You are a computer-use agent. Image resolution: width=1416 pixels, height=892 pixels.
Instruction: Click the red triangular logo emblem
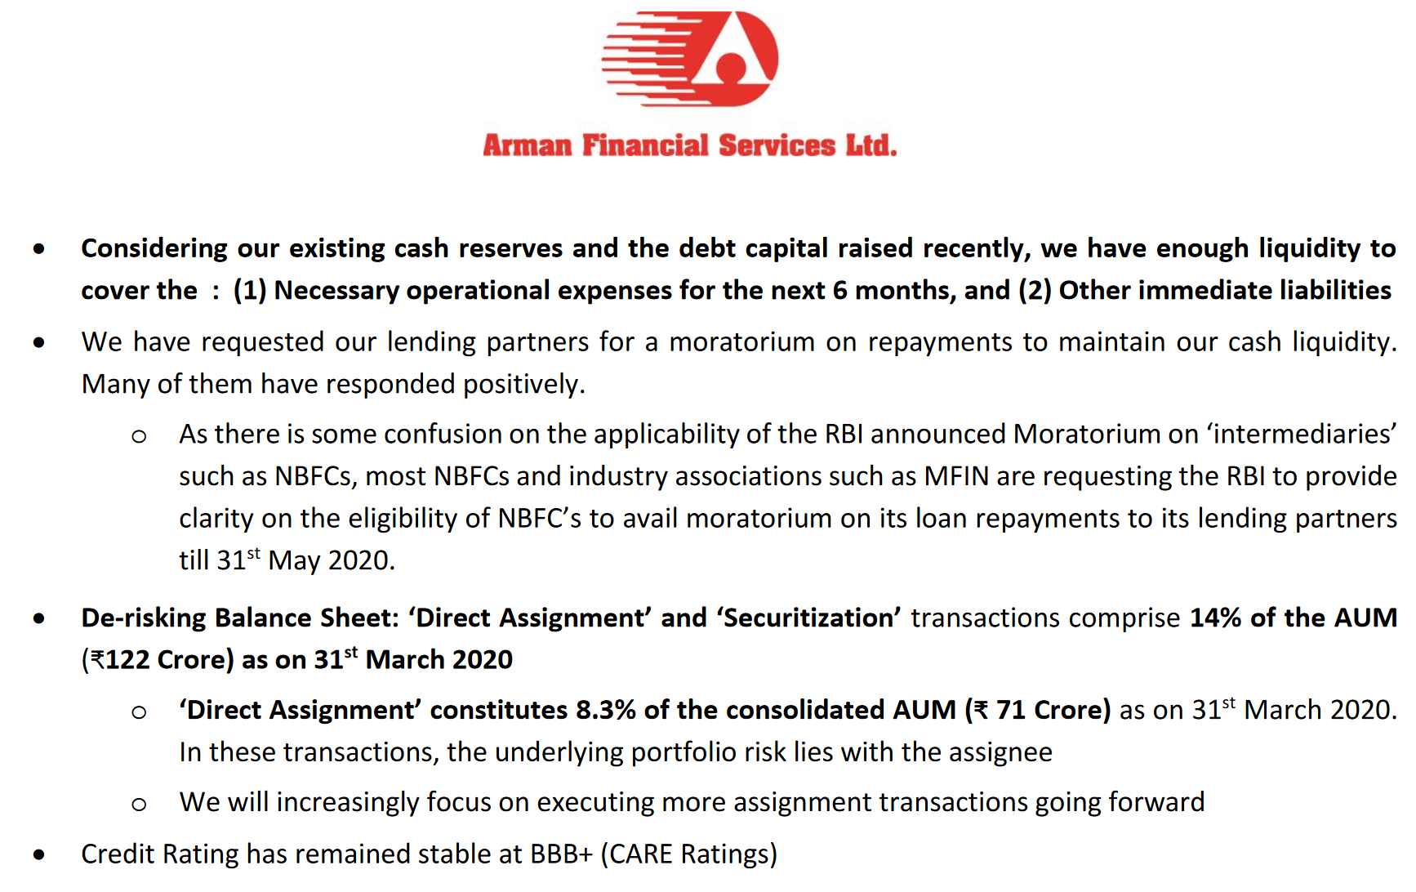click(690, 59)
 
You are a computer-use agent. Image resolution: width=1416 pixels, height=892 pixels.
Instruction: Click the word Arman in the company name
click(528, 145)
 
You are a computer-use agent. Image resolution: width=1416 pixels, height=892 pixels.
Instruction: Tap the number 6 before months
click(839, 291)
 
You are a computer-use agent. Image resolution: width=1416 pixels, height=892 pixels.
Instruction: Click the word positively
click(524, 385)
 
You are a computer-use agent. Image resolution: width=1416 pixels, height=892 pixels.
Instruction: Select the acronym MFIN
click(956, 476)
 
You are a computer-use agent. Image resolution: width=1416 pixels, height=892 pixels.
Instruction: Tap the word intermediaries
click(1301, 435)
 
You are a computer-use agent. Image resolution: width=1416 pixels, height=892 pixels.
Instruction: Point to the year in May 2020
click(361, 561)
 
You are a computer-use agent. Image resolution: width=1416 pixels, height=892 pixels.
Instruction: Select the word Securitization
click(812, 618)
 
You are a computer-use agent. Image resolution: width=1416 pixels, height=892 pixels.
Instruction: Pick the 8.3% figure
click(606, 711)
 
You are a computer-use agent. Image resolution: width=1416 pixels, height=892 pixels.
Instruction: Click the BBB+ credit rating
click(561, 854)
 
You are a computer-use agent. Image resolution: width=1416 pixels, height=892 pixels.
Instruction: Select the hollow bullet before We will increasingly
click(139, 805)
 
